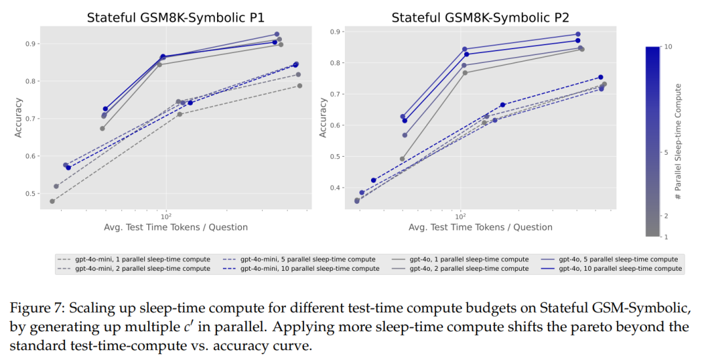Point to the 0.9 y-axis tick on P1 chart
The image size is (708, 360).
[31, 44]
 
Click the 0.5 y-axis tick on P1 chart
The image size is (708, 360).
[31, 194]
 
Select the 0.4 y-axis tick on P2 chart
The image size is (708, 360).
[336, 188]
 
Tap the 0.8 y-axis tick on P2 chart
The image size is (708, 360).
[336, 63]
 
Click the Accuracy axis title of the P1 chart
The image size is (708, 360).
[18, 118]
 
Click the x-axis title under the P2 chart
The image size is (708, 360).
[480, 228]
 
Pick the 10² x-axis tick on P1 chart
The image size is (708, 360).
[166, 216]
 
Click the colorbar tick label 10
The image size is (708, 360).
[669, 47]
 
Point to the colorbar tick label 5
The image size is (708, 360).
[667, 153]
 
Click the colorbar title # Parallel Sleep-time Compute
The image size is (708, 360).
[678, 141]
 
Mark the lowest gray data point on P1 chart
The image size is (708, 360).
[52, 201]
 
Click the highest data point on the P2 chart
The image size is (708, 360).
[578, 34]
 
